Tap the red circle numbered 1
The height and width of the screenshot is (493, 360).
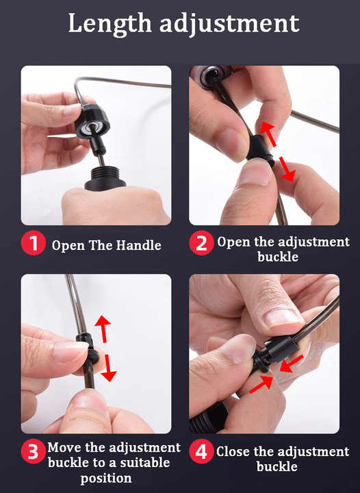(x=34, y=242)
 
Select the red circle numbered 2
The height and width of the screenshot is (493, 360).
(x=201, y=242)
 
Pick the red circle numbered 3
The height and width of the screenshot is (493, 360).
(x=34, y=451)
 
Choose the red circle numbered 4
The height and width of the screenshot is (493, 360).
(x=201, y=451)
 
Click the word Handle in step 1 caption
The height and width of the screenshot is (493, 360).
(x=139, y=245)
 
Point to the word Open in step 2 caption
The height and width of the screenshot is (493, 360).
(x=233, y=242)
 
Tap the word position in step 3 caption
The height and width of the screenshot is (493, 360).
(x=106, y=478)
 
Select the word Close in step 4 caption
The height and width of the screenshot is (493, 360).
(x=233, y=451)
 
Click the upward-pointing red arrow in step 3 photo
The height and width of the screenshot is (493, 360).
(x=103, y=329)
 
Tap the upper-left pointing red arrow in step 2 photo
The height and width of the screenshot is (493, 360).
(x=268, y=134)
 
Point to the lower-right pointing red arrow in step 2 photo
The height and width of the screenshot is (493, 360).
(x=287, y=170)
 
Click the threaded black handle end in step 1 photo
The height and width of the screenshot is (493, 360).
(x=105, y=179)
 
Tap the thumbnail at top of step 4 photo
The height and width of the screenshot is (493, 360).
(x=282, y=318)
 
